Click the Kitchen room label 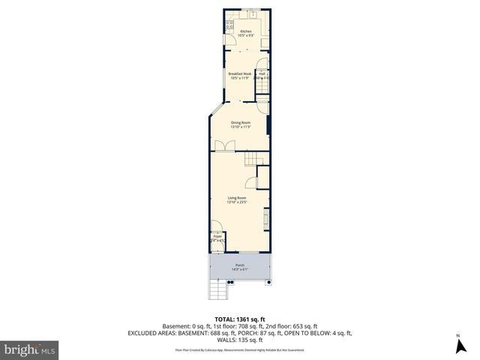(246, 31)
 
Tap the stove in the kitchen (229, 25)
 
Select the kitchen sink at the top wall (253, 13)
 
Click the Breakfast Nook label (240, 73)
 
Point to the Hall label (262, 73)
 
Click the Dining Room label (240, 122)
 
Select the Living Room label (237, 198)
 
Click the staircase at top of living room (254, 159)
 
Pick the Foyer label (217, 236)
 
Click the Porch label (240, 265)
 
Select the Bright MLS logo (30, 349)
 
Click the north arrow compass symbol (457, 346)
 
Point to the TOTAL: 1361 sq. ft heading (240, 319)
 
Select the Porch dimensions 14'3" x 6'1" (240, 269)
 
